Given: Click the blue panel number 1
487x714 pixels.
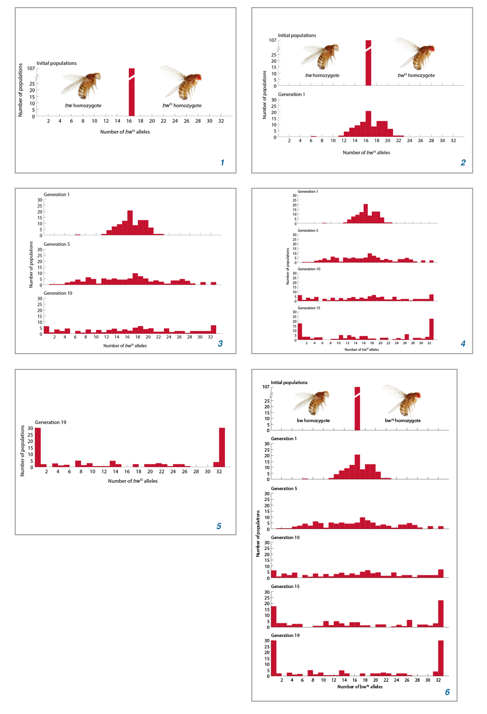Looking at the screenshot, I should (x=222, y=163).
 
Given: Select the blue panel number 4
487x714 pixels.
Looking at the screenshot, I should (x=463, y=344).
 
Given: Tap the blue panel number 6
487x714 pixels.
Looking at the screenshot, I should (x=447, y=692).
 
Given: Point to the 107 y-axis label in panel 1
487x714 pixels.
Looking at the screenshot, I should (x=31, y=68).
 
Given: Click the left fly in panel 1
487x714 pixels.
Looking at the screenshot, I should (x=82, y=86).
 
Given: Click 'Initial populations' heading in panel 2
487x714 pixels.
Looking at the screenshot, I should (x=297, y=36).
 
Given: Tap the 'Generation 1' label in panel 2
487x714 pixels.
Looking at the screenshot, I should (x=291, y=95).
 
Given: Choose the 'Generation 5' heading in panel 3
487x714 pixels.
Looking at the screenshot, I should (x=57, y=244).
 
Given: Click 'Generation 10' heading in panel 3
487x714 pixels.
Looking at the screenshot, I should (x=58, y=293).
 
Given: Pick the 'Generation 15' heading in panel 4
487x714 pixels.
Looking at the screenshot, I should (x=309, y=308).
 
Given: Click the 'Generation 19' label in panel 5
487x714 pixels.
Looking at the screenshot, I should (x=50, y=422).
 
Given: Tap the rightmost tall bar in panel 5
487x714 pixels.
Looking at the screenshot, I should (x=222, y=447).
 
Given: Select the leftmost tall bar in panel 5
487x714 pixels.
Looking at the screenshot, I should (x=38, y=447).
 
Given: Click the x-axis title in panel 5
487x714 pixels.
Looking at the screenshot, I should (x=133, y=481).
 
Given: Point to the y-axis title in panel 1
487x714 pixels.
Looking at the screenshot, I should (x=20, y=90).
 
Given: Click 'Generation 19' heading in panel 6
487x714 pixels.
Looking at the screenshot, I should (x=285, y=636).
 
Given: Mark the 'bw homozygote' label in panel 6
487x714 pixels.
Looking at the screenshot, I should (x=313, y=421).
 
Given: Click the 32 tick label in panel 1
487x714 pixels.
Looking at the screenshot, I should (x=221, y=121).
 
